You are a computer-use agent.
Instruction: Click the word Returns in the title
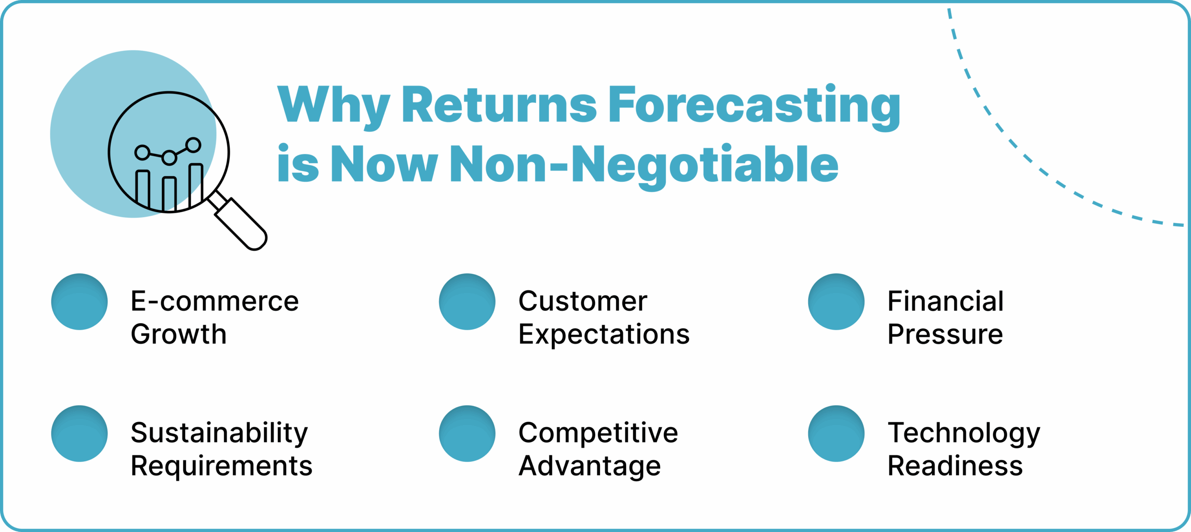click(499, 105)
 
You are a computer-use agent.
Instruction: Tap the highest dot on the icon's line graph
click(193, 145)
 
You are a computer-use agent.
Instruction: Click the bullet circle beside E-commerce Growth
click(80, 302)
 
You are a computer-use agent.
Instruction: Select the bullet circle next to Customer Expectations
click(467, 302)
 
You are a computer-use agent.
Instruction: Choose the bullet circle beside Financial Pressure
click(836, 302)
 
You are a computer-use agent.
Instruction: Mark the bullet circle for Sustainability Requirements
click(80, 433)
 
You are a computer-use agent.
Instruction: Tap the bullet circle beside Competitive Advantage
click(467, 433)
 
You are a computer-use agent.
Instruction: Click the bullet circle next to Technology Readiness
click(836, 433)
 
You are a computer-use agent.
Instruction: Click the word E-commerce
click(215, 301)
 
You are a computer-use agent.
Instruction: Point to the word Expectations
click(604, 335)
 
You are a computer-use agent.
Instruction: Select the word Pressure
click(945, 334)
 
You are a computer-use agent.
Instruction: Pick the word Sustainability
click(219, 433)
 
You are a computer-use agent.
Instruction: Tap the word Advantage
click(589, 466)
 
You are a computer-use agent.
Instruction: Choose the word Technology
click(964, 433)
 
